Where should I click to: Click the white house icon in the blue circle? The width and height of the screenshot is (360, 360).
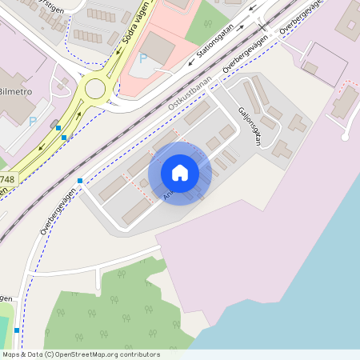point(180,173)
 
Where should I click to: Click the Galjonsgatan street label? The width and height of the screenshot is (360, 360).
point(250,126)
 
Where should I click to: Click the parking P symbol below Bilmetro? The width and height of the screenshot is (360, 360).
point(33,121)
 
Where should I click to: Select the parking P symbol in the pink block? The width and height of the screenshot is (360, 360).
point(143,58)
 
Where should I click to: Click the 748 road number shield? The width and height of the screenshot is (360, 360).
point(6,180)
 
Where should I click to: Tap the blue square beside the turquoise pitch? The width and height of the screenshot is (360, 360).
point(16,330)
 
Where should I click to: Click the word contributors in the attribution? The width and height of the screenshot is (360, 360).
point(138,354)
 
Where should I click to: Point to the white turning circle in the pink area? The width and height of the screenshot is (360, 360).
point(345,137)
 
